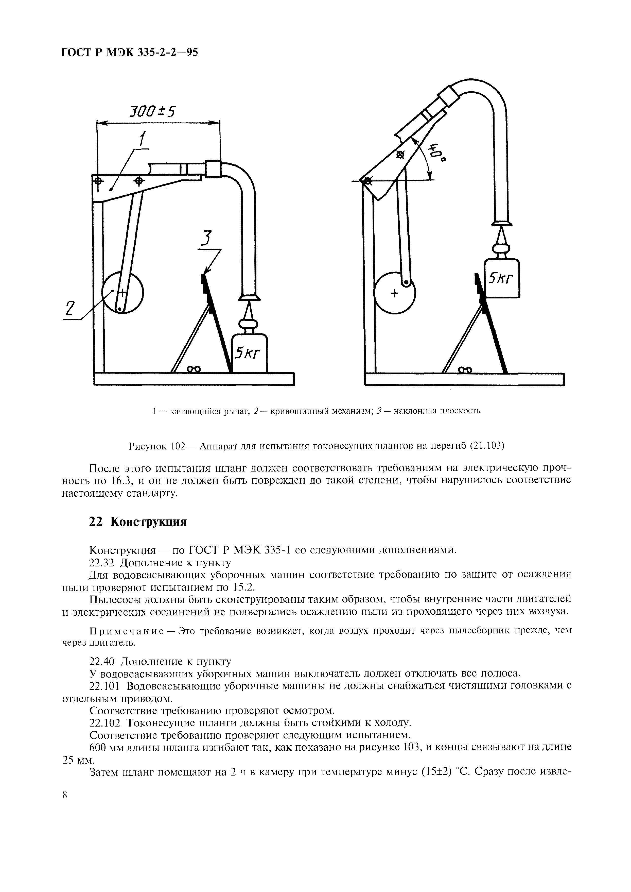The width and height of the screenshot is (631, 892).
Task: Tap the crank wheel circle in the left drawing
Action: pyautogui.click(x=122, y=292)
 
